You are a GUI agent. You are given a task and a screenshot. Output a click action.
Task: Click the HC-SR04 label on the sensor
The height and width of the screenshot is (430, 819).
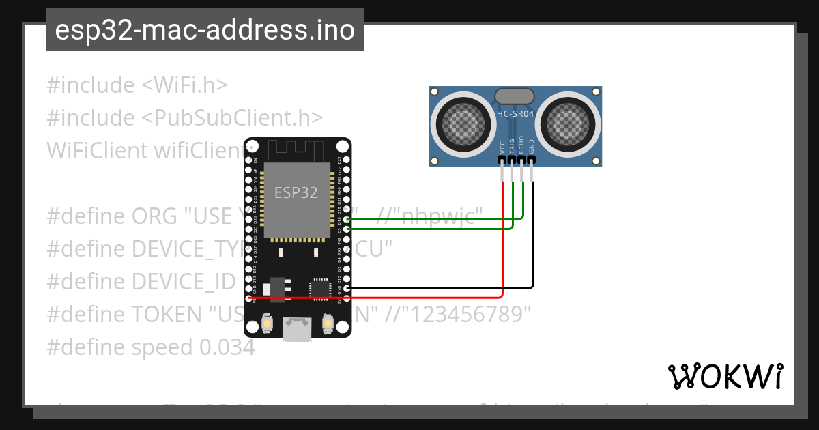point(515,114)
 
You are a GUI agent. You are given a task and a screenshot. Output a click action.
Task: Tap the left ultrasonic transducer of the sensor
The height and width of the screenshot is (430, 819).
point(465,124)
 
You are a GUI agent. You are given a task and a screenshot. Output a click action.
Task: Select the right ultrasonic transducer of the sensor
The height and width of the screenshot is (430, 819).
point(566,124)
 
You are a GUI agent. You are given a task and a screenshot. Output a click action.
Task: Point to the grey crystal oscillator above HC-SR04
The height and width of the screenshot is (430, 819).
point(515,96)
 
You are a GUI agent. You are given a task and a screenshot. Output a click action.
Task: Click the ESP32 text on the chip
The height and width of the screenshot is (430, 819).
point(296,192)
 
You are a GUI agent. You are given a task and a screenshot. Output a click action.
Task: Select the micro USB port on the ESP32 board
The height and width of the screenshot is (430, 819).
point(297,330)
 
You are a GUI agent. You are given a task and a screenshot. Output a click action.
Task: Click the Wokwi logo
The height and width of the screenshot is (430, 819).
point(725,376)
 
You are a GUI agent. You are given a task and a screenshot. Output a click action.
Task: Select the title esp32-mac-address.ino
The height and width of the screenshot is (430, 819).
point(205,31)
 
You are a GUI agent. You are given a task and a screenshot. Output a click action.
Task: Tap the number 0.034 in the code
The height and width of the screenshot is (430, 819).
point(227,347)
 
